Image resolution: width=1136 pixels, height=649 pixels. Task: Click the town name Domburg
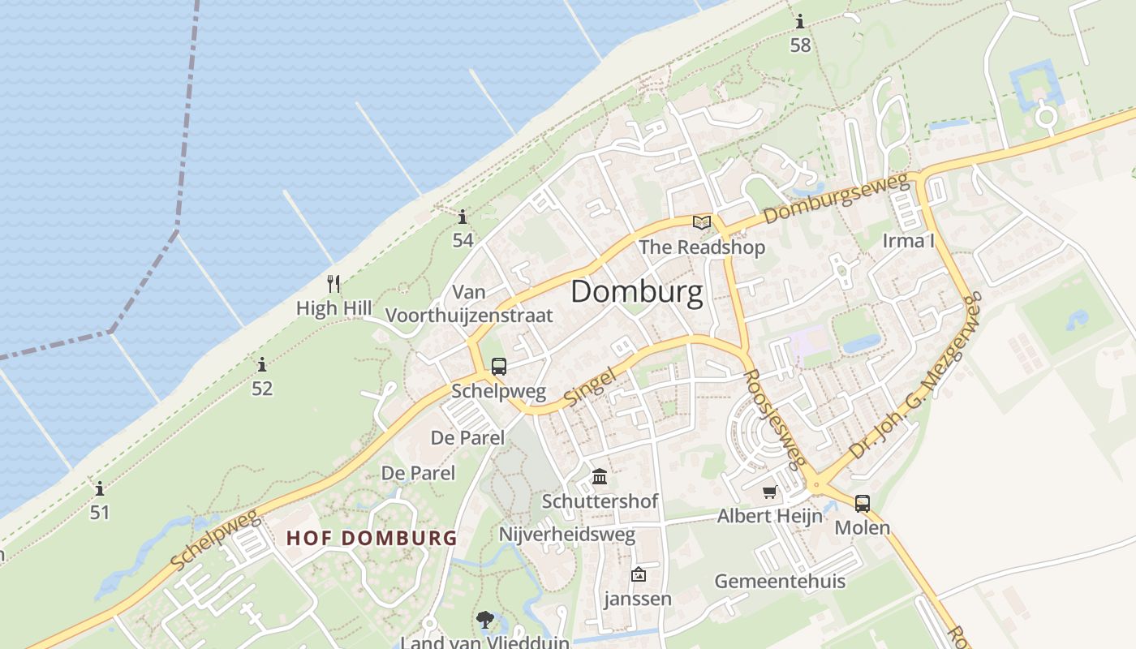(x=636, y=292)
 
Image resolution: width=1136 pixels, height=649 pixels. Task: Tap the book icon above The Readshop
(x=701, y=222)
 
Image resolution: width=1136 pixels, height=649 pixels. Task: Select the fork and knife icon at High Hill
(x=333, y=284)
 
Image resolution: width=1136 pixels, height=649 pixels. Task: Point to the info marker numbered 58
(x=800, y=22)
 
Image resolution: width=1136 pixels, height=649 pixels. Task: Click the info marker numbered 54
(x=463, y=217)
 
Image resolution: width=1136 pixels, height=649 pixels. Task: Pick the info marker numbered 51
(x=100, y=489)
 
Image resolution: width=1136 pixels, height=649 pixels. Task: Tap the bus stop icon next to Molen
(x=862, y=504)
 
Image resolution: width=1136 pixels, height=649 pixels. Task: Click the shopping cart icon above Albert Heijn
(x=769, y=492)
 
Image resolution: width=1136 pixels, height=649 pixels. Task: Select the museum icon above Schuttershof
(x=600, y=476)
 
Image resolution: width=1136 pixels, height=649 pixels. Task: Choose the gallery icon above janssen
(x=639, y=574)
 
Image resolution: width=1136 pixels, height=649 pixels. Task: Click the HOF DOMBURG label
(x=372, y=538)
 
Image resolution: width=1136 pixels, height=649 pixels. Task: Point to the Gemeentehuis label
(x=779, y=581)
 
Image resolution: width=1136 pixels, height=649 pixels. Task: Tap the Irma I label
(x=909, y=241)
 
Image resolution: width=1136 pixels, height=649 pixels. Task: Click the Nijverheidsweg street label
(x=566, y=535)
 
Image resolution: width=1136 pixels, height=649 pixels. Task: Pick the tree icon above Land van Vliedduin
(x=485, y=621)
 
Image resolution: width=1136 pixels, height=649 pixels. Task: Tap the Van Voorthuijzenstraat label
(x=469, y=303)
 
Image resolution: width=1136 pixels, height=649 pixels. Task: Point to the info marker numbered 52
(x=261, y=365)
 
